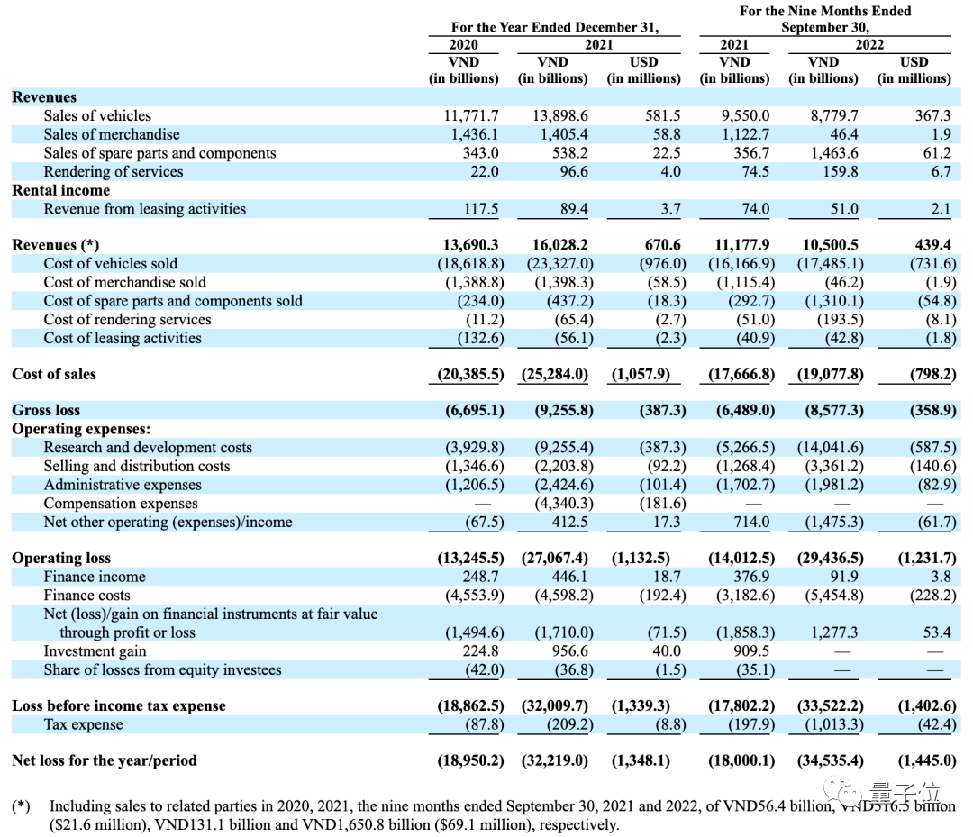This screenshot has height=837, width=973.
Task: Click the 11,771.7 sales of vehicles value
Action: click(471, 116)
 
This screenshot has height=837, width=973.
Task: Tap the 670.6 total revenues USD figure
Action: click(662, 245)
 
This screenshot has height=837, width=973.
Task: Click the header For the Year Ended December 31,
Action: click(554, 27)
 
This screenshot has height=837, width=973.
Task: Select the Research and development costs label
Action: click(148, 448)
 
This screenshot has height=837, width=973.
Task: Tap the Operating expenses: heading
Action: click(81, 429)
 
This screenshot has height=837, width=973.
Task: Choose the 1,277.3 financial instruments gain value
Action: click(835, 632)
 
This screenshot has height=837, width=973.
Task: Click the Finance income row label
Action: click(95, 577)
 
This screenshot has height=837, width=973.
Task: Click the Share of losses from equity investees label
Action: click(162, 670)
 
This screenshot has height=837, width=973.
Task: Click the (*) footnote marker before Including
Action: click(21, 805)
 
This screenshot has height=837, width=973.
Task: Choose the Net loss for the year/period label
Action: click(104, 760)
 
